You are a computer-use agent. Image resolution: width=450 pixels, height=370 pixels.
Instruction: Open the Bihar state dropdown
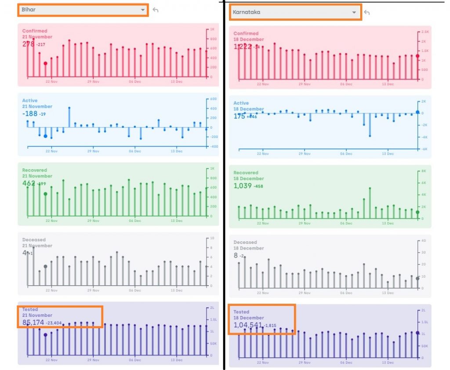[x=83, y=10]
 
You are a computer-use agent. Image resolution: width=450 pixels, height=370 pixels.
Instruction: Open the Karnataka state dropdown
[x=295, y=12]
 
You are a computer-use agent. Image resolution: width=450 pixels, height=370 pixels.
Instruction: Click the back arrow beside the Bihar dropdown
[x=155, y=10]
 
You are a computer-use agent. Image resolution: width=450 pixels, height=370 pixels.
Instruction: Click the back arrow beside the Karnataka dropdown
[x=367, y=12]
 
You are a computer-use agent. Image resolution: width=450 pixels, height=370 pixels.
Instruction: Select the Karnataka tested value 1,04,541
[x=248, y=325]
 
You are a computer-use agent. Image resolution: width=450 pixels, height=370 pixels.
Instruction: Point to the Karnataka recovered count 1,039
[x=243, y=186]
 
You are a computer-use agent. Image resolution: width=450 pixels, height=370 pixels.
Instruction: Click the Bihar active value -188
[x=29, y=114]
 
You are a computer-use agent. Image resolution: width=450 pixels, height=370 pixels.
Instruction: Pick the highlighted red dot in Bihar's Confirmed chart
[x=45, y=63]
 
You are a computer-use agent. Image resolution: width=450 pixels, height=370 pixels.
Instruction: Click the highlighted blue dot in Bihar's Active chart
[x=45, y=136]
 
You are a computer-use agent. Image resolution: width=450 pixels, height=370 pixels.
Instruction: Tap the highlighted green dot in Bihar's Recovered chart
[x=45, y=194]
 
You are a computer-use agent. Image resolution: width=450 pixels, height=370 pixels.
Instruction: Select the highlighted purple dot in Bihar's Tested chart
[x=45, y=335]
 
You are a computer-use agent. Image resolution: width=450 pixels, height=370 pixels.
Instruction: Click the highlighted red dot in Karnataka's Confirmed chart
[x=417, y=56]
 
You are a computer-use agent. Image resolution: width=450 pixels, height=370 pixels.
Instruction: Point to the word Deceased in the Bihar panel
[x=34, y=240]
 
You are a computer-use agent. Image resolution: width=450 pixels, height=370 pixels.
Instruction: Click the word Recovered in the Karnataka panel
[x=246, y=173]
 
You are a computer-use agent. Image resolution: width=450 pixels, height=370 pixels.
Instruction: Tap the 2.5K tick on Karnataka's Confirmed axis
[x=425, y=32]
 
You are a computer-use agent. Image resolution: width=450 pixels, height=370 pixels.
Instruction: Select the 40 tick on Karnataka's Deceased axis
[x=424, y=241]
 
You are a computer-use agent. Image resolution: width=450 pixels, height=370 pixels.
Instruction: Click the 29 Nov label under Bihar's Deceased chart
[x=93, y=290]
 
